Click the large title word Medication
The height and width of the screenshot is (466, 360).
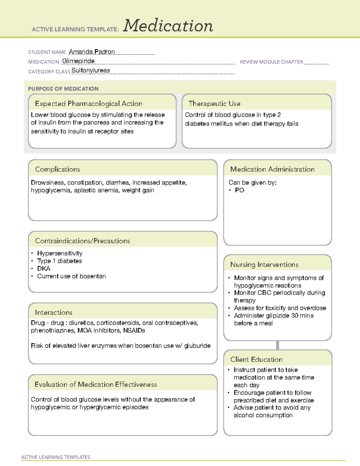[168, 26]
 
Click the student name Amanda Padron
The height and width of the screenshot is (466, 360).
[92, 52]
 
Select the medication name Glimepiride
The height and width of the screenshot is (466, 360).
[78, 61]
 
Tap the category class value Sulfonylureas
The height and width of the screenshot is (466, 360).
[91, 71]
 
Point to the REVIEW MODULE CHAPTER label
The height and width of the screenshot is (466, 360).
[271, 62]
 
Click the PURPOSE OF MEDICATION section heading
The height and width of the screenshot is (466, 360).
[63, 89]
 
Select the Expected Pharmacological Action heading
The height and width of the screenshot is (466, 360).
[88, 104]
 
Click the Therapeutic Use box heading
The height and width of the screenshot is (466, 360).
[214, 104]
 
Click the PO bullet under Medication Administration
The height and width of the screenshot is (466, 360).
[239, 190]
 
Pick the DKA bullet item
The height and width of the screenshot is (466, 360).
[44, 269]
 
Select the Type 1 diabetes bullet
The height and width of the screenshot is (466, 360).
[59, 261]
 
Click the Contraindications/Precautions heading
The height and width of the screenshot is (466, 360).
[82, 241]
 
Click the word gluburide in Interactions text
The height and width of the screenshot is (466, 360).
[197, 346]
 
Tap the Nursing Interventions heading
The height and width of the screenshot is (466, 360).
[264, 265]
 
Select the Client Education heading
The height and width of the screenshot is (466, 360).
[256, 359]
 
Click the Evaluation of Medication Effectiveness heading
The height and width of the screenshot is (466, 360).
[96, 384]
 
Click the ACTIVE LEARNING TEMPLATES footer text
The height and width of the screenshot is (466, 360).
[55, 457]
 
